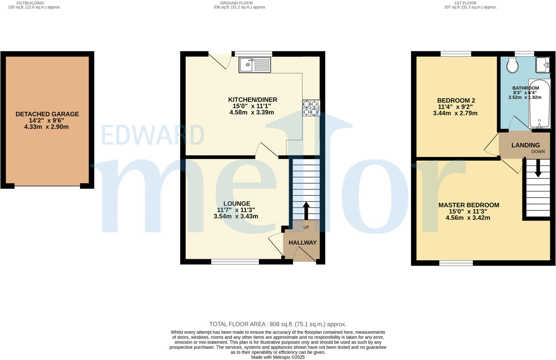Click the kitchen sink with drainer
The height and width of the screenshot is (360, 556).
click(x=255, y=65)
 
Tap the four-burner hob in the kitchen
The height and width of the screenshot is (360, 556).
click(x=311, y=108)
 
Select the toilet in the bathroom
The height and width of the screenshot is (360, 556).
click(x=512, y=65)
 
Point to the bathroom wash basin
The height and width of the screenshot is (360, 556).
click(x=543, y=65)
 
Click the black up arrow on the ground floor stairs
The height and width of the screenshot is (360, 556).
click(x=306, y=210)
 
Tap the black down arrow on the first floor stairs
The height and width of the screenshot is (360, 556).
click(x=538, y=169)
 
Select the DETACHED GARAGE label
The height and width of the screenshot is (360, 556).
click(x=47, y=114)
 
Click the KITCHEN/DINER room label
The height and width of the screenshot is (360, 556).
click(x=252, y=100)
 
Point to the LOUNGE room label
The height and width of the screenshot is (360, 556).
click(x=237, y=203)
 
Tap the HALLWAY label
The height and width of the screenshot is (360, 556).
click(x=302, y=243)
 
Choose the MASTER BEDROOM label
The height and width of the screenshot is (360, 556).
click(x=468, y=205)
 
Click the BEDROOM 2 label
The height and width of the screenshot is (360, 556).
click(x=456, y=101)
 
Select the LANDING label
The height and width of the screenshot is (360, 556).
click(x=525, y=145)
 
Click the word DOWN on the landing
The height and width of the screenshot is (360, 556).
click(x=538, y=152)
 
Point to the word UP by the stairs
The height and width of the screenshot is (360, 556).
click(x=306, y=227)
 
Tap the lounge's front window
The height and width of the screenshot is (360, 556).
click(x=235, y=262)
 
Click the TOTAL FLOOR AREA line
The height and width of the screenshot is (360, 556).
click(x=278, y=324)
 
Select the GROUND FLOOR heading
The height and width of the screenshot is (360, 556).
click(x=236, y=3)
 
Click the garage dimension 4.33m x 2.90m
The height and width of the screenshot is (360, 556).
click(x=46, y=127)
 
